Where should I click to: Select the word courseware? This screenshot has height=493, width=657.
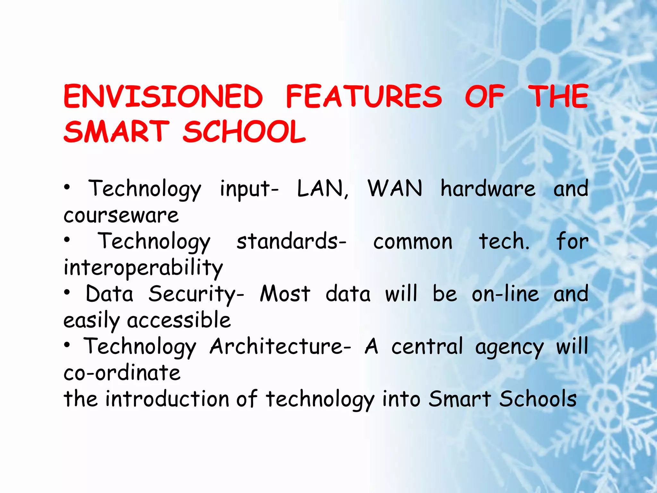[121, 215]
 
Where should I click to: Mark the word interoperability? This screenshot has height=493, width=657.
[143, 268]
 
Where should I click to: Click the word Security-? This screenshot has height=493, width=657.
[196, 294]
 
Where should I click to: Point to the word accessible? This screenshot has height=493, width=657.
[179, 320]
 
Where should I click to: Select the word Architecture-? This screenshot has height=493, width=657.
[280, 347]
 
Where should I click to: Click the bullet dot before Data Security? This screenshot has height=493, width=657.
[67, 292]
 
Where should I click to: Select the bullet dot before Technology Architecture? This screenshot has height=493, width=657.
[67, 345]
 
